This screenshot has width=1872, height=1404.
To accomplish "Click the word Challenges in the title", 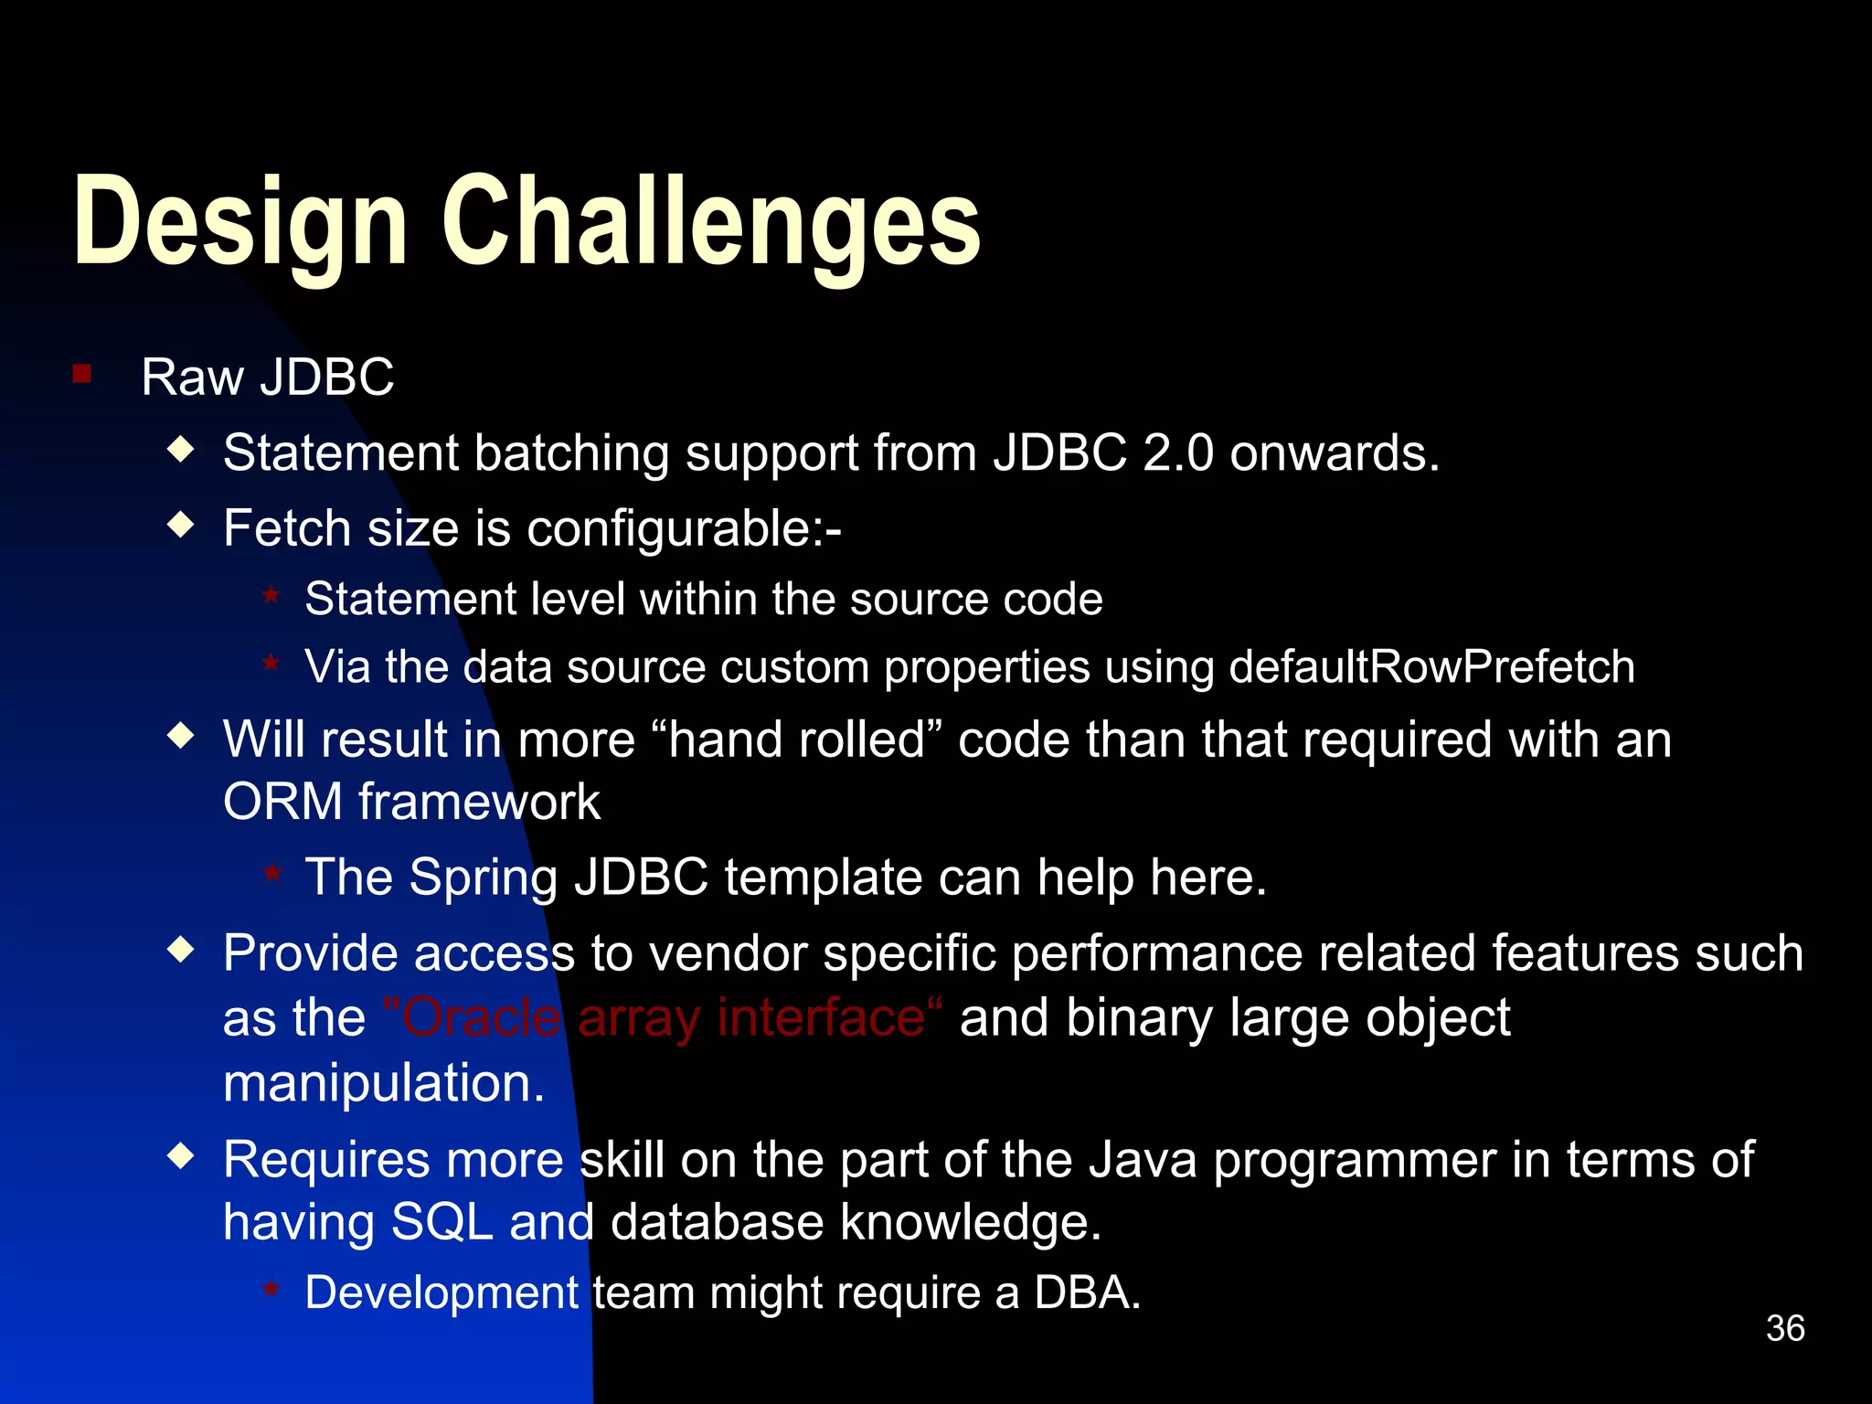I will pos(711,224).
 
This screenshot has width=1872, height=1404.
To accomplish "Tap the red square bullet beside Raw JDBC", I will pos(82,374).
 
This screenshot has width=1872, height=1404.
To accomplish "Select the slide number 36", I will pos(1784,1328).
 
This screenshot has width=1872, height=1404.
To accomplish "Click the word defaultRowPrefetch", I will pos(1431,667).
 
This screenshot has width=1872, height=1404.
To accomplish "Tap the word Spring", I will pos(483,877).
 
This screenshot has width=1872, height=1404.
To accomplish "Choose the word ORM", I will pos(282,803).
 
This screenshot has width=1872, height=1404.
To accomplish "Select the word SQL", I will pos(441,1222).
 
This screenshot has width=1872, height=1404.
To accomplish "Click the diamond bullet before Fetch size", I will pos(182,524).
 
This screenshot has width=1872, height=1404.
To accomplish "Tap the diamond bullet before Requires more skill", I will pos(182,1156).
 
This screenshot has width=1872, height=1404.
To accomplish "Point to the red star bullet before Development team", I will pos(271,1289).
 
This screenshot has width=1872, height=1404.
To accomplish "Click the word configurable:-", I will pos(684,529).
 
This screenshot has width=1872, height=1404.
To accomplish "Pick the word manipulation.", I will pos(384,1084).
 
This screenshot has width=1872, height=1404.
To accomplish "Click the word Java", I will pos(1143,1160).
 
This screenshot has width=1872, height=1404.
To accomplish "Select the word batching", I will pos(571,453).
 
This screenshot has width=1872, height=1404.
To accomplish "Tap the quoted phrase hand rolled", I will pos(797,739).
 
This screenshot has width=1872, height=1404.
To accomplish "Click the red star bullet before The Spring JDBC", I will pos(271,873).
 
